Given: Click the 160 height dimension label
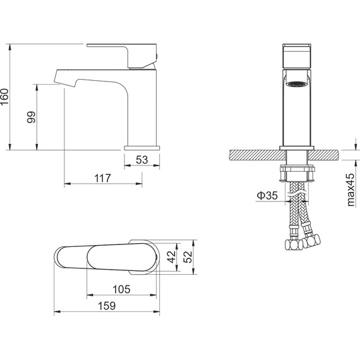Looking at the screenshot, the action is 4,97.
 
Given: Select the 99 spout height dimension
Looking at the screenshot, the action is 32,117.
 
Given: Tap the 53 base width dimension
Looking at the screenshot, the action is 142,160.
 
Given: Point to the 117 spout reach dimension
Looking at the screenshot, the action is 102,178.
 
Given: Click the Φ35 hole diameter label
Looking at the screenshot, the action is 267,195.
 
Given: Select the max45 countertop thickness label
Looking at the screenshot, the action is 351,190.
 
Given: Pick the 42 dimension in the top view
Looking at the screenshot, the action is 172,257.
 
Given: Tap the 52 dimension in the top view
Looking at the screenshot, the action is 188,257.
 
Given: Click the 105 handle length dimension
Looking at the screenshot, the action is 121,289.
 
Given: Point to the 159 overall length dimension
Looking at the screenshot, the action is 107,306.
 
